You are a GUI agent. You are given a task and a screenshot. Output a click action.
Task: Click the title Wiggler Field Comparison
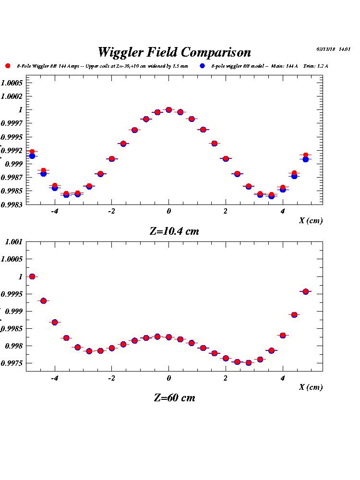(174, 52)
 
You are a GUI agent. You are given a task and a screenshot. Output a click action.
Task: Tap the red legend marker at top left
(7, 66)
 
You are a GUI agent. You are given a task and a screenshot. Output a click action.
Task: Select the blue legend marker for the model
(203, 66)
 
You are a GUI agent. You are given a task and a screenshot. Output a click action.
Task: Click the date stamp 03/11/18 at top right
(326, 49)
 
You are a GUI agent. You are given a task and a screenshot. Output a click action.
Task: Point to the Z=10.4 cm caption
(174, 231)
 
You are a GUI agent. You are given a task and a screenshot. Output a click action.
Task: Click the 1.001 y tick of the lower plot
(13, 241)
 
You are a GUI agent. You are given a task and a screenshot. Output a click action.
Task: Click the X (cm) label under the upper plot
(311, 221)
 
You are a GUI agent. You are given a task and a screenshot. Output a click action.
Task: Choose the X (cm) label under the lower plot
(311, 387)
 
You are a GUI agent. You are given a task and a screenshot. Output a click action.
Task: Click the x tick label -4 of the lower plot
(54, 378)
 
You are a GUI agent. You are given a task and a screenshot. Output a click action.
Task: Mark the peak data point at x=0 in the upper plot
(168, 110)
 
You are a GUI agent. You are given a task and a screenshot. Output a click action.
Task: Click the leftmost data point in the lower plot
(32, 276)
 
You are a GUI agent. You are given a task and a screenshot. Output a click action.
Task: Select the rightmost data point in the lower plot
(305, 291)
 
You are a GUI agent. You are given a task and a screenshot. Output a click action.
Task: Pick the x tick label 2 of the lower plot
(226, 378)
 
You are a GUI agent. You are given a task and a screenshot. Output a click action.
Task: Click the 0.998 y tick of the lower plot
(13, 346)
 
